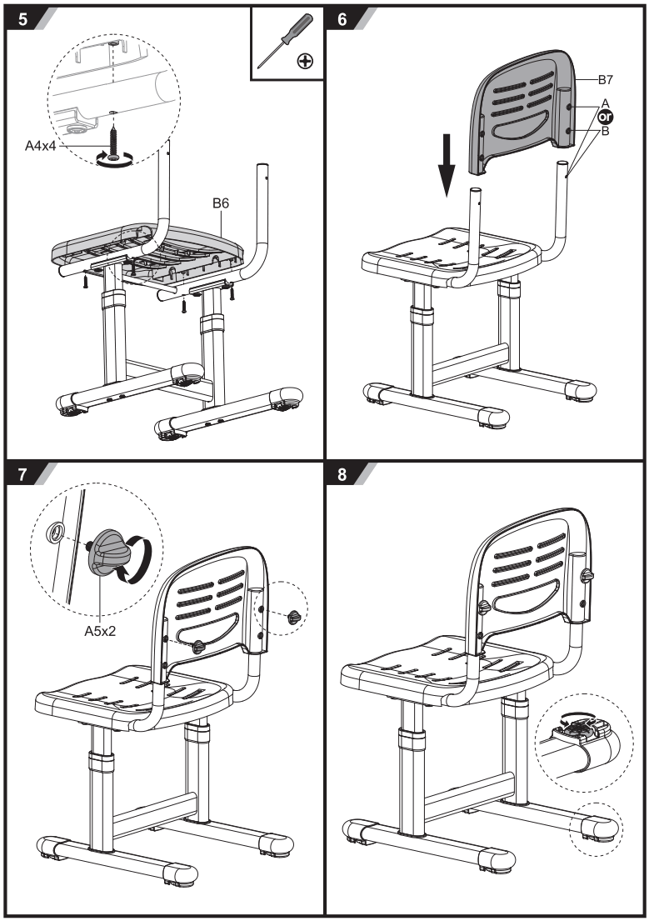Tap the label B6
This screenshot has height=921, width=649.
click(220, 203)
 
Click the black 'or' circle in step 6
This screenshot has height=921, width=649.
click(605, 117)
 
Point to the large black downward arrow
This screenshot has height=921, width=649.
click(447, 167)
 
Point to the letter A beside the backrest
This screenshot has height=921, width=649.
click(605, 101)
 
